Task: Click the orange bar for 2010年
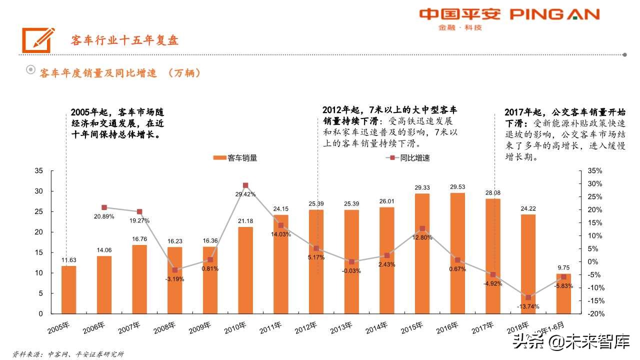point(245,270)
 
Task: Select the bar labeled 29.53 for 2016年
point(457,253)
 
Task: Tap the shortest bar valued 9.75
point(563,293)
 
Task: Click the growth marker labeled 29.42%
point(245,185)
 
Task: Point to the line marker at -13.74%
point(528,297)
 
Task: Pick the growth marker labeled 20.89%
point(104,207)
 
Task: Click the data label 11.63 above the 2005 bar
point(69,260)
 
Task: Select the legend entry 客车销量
point(235,158)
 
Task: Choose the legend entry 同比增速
point(407,158)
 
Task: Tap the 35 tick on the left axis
point(39,171)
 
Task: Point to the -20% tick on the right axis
point(594,314)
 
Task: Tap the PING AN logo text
point(554,14)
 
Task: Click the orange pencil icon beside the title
point(38,39)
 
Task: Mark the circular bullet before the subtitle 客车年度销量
point(30,70)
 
